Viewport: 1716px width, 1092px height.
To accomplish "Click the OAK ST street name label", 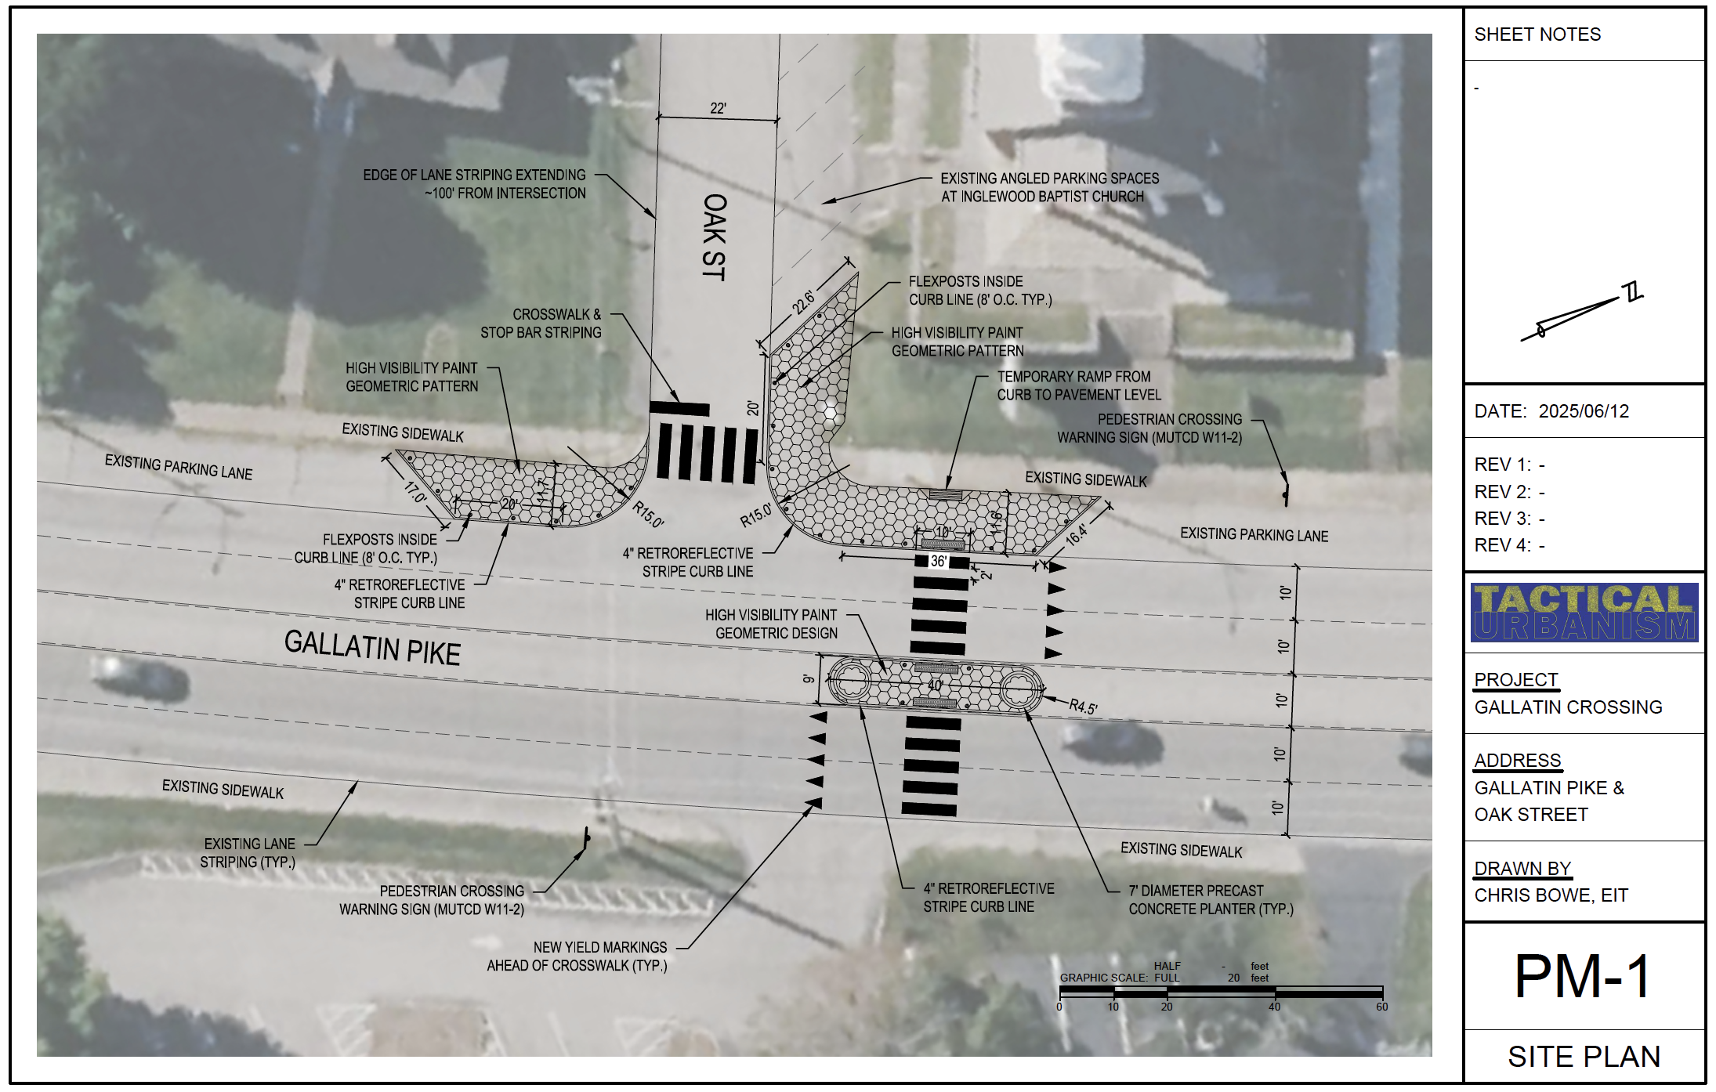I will [x=714, y=237].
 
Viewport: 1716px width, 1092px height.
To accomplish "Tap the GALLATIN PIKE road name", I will [x=372, y=648].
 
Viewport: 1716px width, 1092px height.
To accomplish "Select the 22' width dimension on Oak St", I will [x=718, y=108].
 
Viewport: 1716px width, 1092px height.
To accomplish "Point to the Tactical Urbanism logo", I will [x=1584, y=613].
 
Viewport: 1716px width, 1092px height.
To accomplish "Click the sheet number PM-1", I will [x=1582, y=976].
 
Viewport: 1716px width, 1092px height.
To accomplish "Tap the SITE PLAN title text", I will [x=1584, y=1057].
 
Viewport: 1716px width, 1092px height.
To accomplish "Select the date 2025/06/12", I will [x=1584, y=411].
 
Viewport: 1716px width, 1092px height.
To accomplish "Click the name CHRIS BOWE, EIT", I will [x=1551, y=895].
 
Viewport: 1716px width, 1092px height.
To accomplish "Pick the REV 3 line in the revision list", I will [x=1509, y=519].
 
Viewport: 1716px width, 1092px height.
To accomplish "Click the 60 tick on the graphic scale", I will [x=1381, y=1007].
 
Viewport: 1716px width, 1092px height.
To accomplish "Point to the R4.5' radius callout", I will [x=1084, y=707].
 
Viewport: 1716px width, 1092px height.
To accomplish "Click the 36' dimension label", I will [x=938, y=561].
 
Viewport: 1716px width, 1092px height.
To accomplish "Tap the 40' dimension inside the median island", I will [x=935, y=685].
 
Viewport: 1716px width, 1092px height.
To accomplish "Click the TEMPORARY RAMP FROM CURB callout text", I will [x=1078, y=385].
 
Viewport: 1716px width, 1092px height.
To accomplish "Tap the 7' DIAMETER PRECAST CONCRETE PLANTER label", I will [x=1211, y=900].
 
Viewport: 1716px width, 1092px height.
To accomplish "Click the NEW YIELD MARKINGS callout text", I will [x=577, y=956].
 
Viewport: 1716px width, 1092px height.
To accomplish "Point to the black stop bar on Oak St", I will [x=679, y=408].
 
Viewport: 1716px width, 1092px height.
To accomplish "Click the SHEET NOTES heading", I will [x=1537, y=34].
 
